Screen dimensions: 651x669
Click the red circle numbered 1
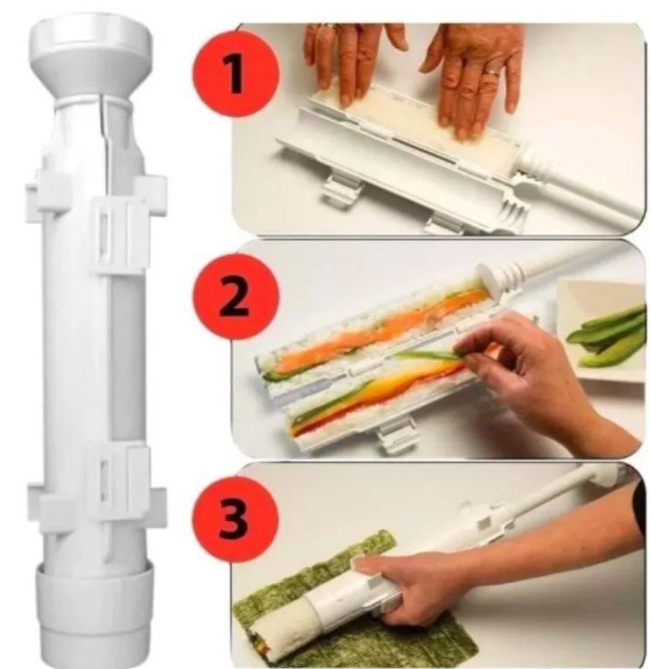(x=236, y=73)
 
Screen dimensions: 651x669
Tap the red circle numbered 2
(x=236, y=296)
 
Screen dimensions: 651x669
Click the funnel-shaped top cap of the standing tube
(x=91, y=59)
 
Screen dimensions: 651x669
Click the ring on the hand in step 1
(x=492, y=73)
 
